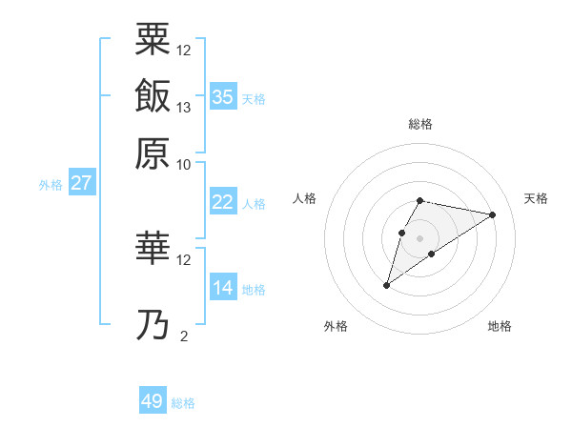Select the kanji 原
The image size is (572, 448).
(x=153, y=153)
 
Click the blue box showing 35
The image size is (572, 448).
(x=223, y=97)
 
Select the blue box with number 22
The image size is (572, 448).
(x=223, y=202)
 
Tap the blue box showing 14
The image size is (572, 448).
(x=223, y=288)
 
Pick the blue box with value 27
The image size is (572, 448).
(x=81, y=183)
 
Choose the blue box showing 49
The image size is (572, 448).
(x=153, y=401)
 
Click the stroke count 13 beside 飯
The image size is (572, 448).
(x=184, y=107)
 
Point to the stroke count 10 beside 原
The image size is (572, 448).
(x=184, y=164)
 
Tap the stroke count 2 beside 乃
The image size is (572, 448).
(x=184, y=336)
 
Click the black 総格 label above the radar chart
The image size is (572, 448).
(x=419, y=124)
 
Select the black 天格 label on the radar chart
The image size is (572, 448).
(x=537, y=197)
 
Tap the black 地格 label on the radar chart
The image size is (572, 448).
(x=500, y=326)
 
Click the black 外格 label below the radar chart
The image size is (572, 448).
(x=336, y=326)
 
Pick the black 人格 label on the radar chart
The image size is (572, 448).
(x=305, y=197)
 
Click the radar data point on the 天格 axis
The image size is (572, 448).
(x=493, y=214)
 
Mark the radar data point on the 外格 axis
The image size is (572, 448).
(x=387, y=284)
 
